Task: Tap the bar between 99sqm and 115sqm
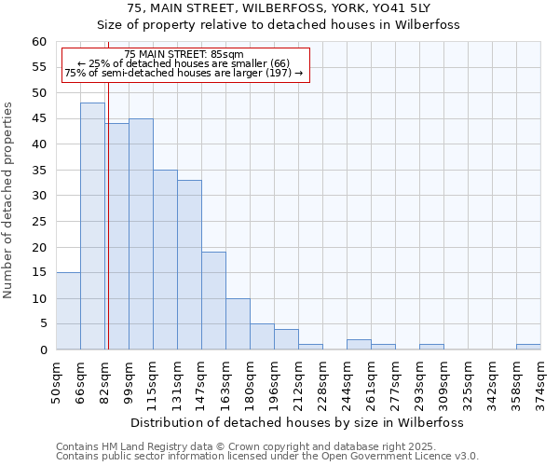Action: coord(141,234)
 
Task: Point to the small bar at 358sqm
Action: coord(528,347)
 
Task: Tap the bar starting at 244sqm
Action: coord(359,345)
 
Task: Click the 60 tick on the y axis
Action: coord(39,42)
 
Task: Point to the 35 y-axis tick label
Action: coord(39,171)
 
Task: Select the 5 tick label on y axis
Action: coord(43,324)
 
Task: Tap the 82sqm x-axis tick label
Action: coord(104,380)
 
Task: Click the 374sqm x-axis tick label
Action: coord(540,380)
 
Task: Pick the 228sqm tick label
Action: coord(322,380)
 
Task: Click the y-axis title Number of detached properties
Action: coord(9,200)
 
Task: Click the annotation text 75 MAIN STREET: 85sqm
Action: coord(184,55)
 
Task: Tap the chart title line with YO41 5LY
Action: coord(279,8)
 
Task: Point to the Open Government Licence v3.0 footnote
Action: coord(267,456)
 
